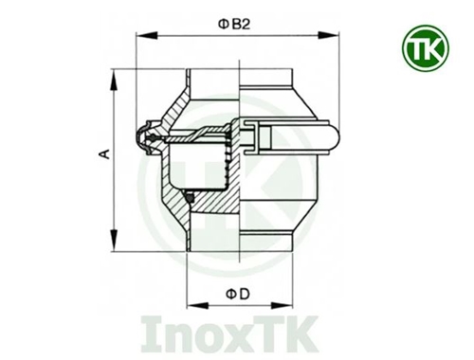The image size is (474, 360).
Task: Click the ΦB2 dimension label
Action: click(x=234, y=24)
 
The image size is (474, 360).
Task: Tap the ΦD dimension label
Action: click(x=237, y=295)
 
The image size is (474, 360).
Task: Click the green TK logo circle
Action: click(x=426, y=48)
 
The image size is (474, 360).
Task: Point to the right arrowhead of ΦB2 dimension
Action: click(x=329, y=35)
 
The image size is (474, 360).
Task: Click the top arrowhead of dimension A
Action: click(x=114, y=80)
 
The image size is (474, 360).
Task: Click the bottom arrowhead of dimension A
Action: click(x=114, y=241)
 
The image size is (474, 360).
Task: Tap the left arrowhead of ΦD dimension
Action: click(x=197, y=305)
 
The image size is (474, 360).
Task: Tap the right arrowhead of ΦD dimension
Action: click(x=282, y=305)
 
